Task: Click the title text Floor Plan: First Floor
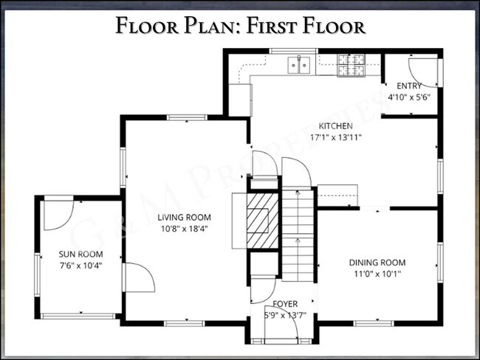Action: [x=240, y=27]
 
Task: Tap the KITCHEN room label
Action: [x=335, y=126]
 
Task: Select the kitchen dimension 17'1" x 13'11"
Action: [x=335, y=137]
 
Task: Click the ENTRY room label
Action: [x=409, y=86]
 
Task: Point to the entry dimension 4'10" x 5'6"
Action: [x=409, y=97]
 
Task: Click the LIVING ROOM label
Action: [x=184, y=218]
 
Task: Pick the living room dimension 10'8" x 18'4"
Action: [x=184, y=229]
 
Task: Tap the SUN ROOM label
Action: [x=80, y=255]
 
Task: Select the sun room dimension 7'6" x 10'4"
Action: [x=80, y=265]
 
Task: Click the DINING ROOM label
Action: [x=377, y=263]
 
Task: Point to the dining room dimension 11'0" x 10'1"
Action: [x=377, y=274]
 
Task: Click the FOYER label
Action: [x=285, y=304]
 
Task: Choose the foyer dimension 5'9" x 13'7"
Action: [x=285, y=315]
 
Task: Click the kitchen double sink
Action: [x=299, y=66]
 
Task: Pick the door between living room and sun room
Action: [x=139, y=277]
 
